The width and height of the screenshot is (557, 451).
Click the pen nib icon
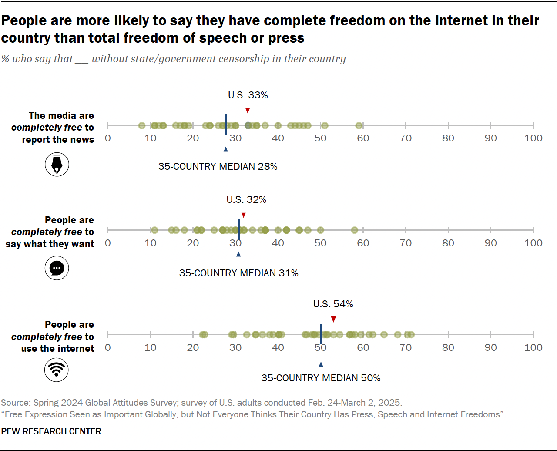point(57,165)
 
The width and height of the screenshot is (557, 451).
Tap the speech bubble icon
point(57,268)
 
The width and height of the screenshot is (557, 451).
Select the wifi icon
point(57,370)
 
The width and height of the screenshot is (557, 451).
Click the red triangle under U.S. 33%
point(248,111)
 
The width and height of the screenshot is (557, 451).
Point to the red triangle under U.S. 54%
point(333,319)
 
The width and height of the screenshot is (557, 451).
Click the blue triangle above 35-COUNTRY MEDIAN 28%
point(225,149)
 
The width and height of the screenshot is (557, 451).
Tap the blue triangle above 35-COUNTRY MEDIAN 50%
point(321,364)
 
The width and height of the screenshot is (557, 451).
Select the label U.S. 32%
point(246,200)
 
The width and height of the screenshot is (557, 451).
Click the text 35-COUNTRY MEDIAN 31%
point(238,273)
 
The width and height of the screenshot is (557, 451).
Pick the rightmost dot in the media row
point(359,126)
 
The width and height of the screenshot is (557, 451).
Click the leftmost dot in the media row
point(141,126)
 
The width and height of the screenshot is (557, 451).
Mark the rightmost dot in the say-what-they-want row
point(355,230)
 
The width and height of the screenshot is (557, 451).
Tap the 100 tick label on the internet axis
point(533,347)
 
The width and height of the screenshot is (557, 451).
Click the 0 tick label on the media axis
point(108,138)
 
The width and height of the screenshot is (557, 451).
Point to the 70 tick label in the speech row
point(406,243)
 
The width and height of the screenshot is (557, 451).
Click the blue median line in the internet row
point(321,334)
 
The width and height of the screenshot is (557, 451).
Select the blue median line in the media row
point(226,125)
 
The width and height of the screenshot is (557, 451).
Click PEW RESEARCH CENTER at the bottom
point(51,431)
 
